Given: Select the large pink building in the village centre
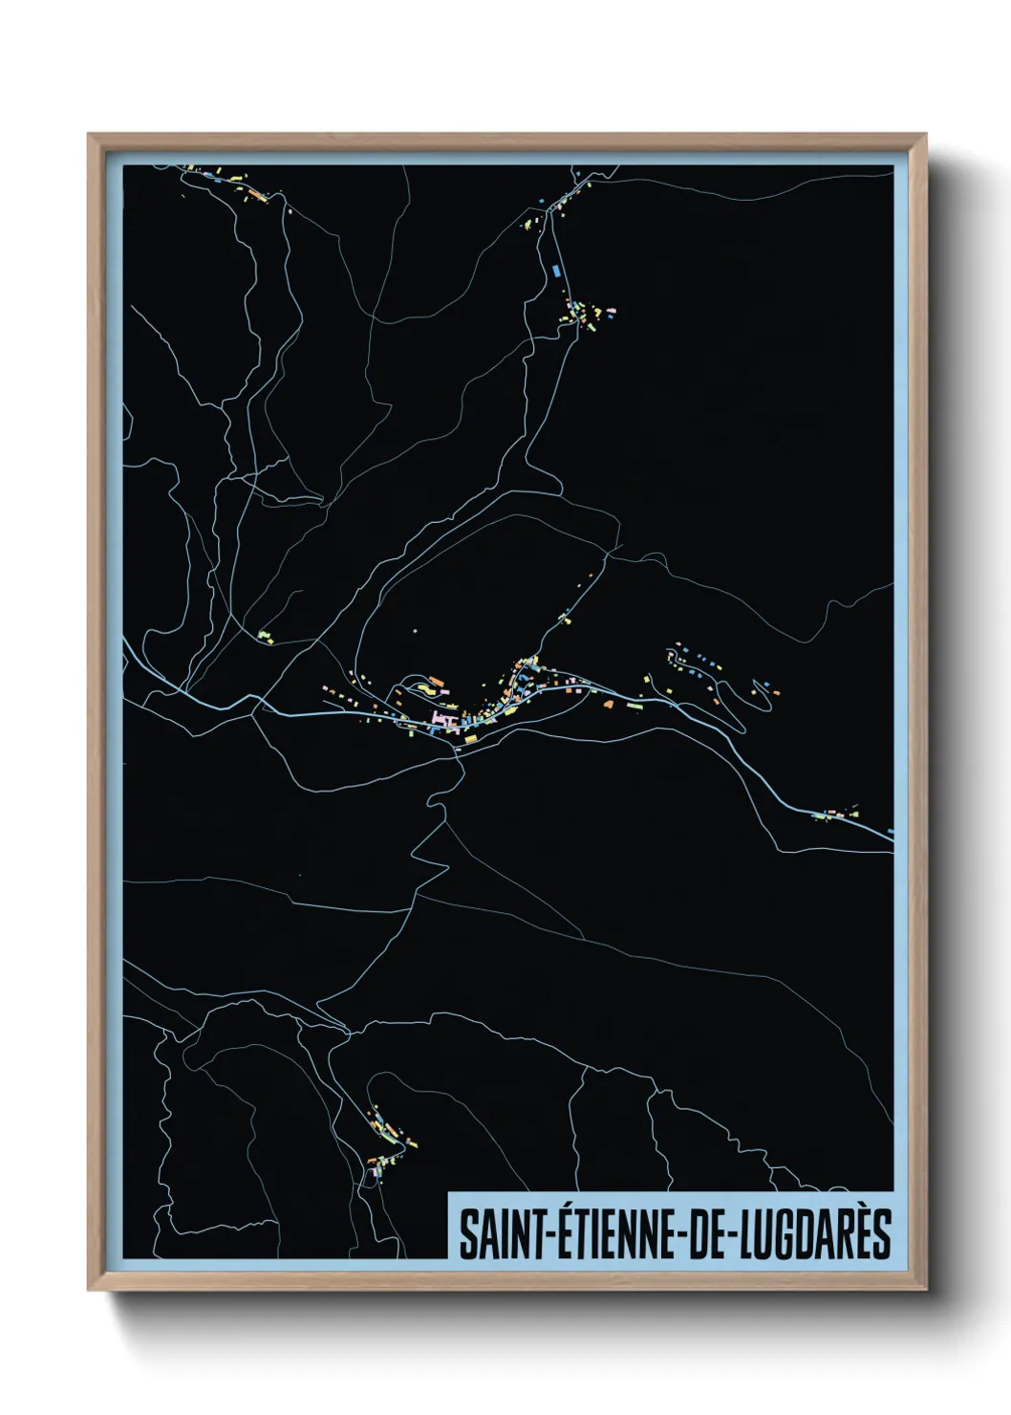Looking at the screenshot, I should (443, 717).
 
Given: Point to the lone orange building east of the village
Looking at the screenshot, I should (608, 703).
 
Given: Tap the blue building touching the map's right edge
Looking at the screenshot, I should (890, 832).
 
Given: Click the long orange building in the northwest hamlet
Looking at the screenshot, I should (255, 194).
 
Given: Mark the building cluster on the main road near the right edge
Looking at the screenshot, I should (836, 814).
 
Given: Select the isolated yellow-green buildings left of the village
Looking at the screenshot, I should (265, 635).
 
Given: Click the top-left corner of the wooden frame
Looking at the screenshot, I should (89, 135).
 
